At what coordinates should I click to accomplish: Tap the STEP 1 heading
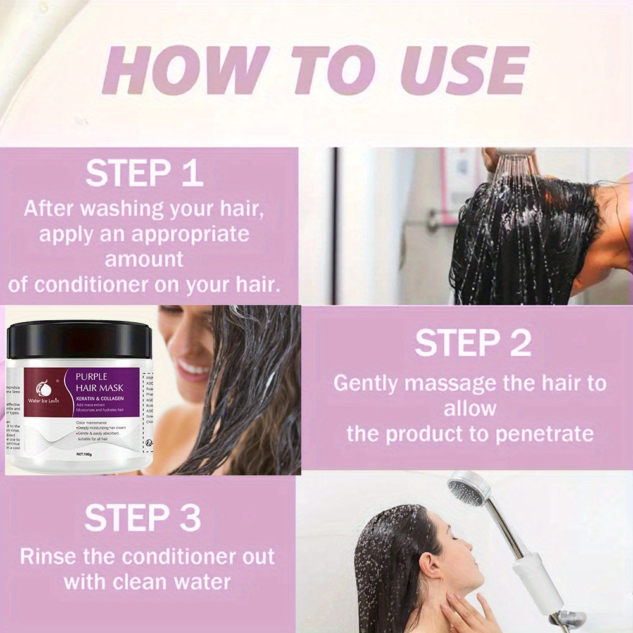144,173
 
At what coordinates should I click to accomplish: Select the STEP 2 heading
473,343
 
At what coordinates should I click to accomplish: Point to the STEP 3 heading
143,518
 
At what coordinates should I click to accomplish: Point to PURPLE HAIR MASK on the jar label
106,383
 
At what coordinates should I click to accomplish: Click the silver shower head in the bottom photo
468,489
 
